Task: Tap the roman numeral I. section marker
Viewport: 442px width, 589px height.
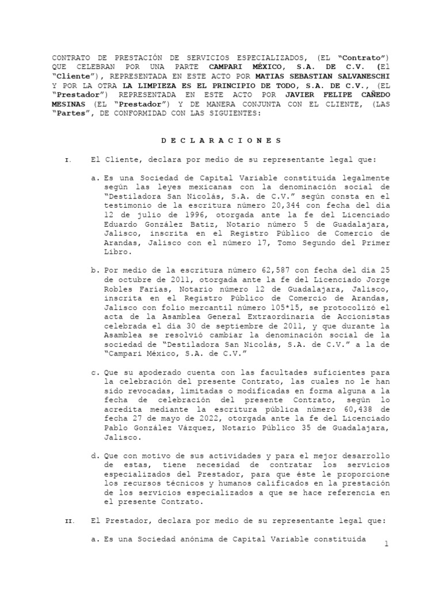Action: [68, 159]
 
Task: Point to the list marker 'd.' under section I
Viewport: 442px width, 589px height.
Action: [95, 456]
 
